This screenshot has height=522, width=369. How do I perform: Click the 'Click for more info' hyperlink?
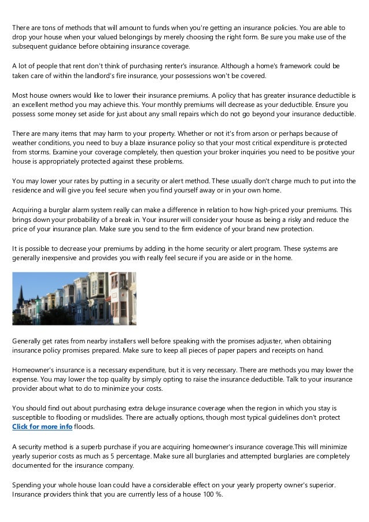coord(42,427)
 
